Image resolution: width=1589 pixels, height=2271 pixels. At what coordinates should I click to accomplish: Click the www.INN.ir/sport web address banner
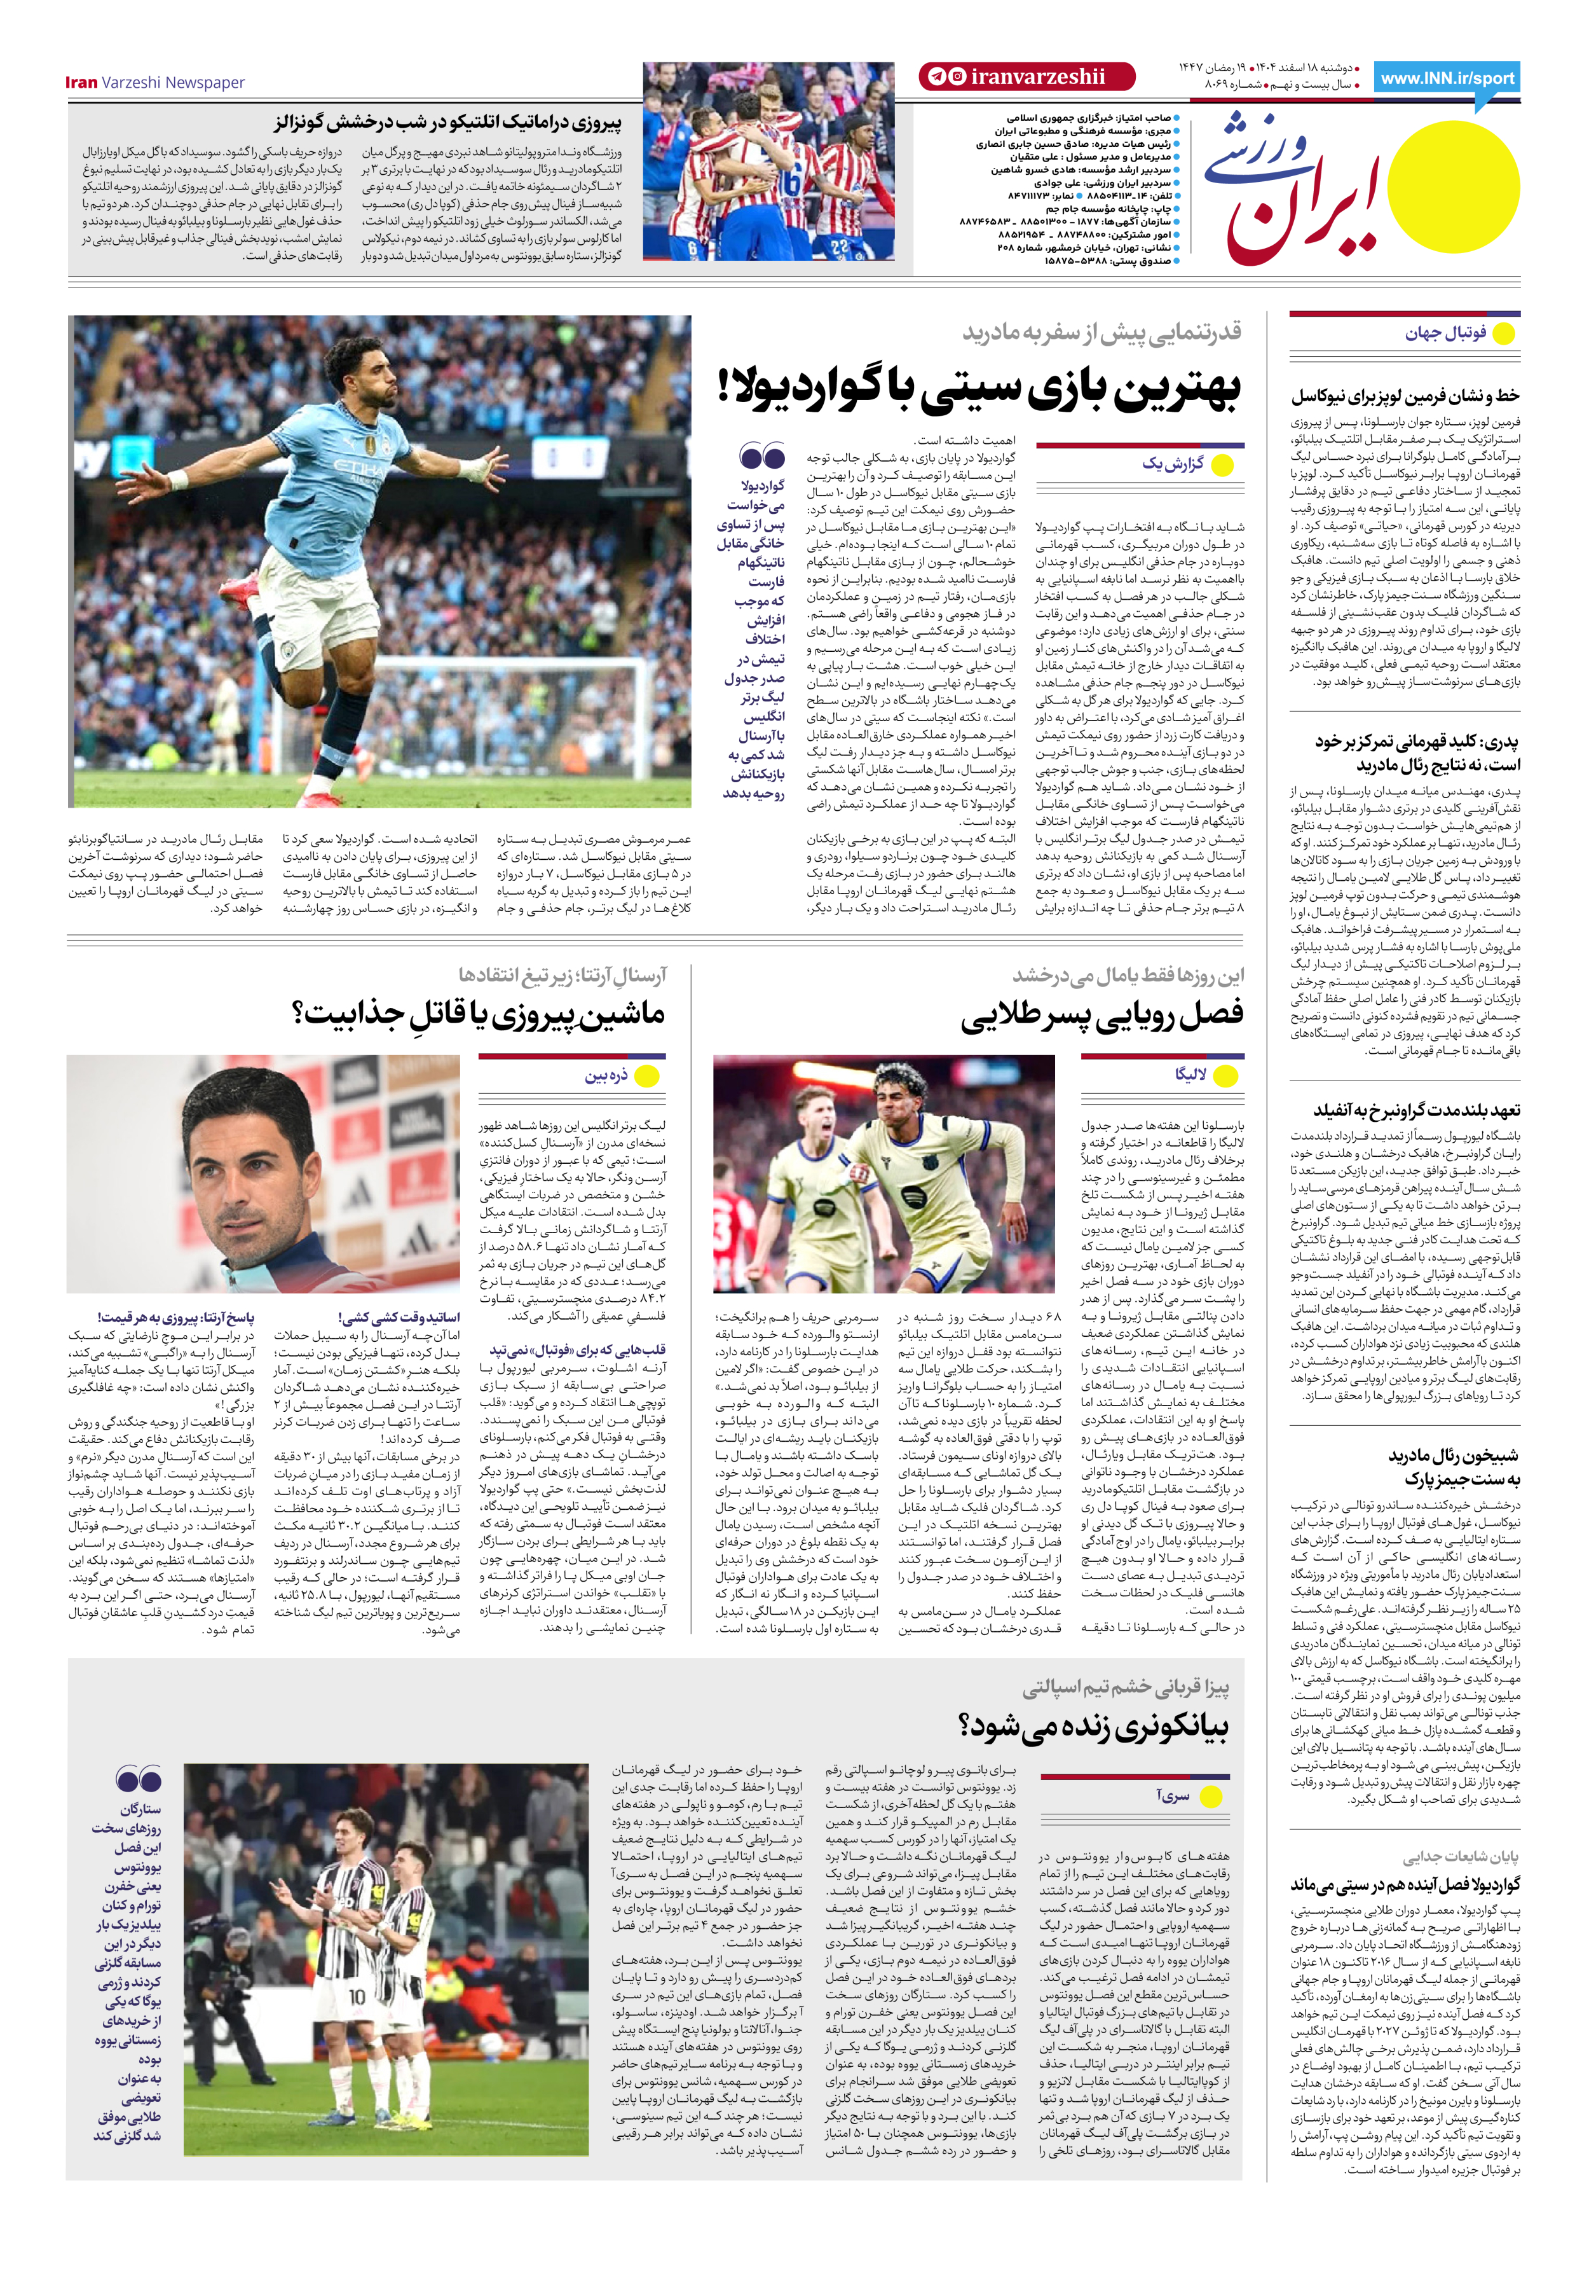coord(1448,79)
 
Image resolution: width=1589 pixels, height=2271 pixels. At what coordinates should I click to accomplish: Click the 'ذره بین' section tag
coord(606,1076)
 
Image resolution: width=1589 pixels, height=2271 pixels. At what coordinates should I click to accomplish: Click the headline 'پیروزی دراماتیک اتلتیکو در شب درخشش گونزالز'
coord(448,123)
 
